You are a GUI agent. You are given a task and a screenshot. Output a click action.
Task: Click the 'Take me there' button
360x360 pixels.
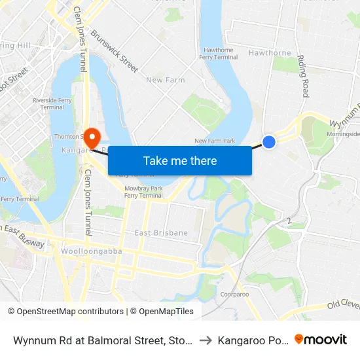[x=180, y=161]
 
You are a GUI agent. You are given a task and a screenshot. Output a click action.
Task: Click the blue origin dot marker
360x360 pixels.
[x=269, y=141]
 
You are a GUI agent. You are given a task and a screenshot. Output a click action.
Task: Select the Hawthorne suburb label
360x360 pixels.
[x=270, y=53]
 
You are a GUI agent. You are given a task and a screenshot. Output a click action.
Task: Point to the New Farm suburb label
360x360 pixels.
[x=166, y=80]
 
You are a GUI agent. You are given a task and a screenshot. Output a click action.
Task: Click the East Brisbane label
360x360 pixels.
[x=161, y=233]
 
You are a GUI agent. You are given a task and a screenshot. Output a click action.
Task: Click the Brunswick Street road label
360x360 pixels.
[x=115, y=51]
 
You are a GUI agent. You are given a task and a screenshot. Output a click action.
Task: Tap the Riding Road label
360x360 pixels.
[x=303, y=76]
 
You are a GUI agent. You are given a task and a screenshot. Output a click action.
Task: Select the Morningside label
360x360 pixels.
[x=344, y=134]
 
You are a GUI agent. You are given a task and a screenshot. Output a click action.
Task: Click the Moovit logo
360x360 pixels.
[x=321, y=340]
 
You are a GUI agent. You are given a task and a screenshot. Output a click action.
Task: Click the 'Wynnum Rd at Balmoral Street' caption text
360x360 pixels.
[x=102, y=340]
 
